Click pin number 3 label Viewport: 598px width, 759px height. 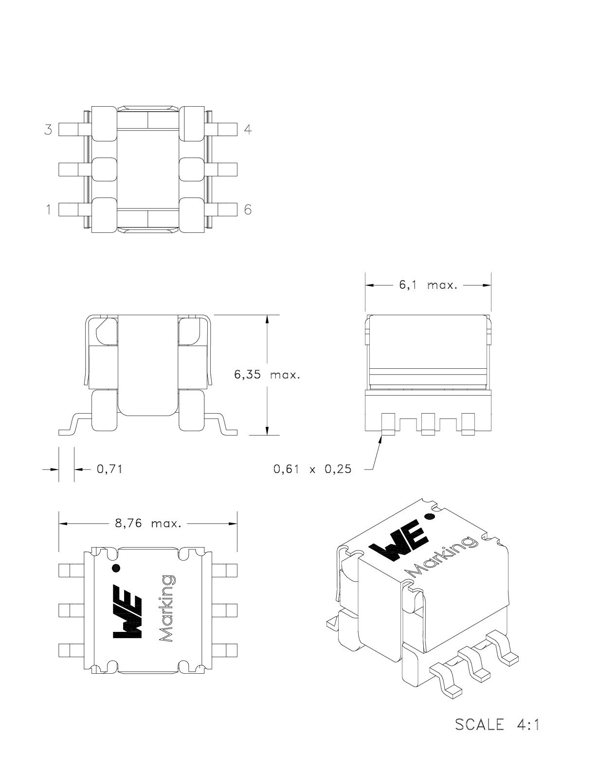pyautogui.click(x=48, y=130)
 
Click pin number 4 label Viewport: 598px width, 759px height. pyautogui.click(x=248, y=130)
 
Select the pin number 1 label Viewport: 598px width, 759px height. pyautogui.click(x=48, y=209)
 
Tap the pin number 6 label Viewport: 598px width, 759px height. pyautogui.click(x=248, y=209)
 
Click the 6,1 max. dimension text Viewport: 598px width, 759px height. pyautogui.click(x=428, y=285)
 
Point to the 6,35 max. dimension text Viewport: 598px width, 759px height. pyautogui.click(x=267, y=375)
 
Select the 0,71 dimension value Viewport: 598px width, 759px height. pyautogui.click(x=109, y=469)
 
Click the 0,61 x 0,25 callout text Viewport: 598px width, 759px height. pyautogui.click(x=312, y=470)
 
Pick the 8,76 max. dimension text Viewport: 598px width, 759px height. pyautogui.click(x=148, y=524)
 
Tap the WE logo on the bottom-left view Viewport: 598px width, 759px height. pyautogui.click(x=128, y=611)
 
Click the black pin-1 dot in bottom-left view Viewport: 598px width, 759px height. pyautogui.click(x=116, y=568)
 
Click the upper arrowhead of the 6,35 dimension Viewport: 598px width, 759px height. pyautogui.click(x=267, y=320)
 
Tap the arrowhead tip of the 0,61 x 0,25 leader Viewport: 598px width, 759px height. pyautogui.click(x=381, y=437)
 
